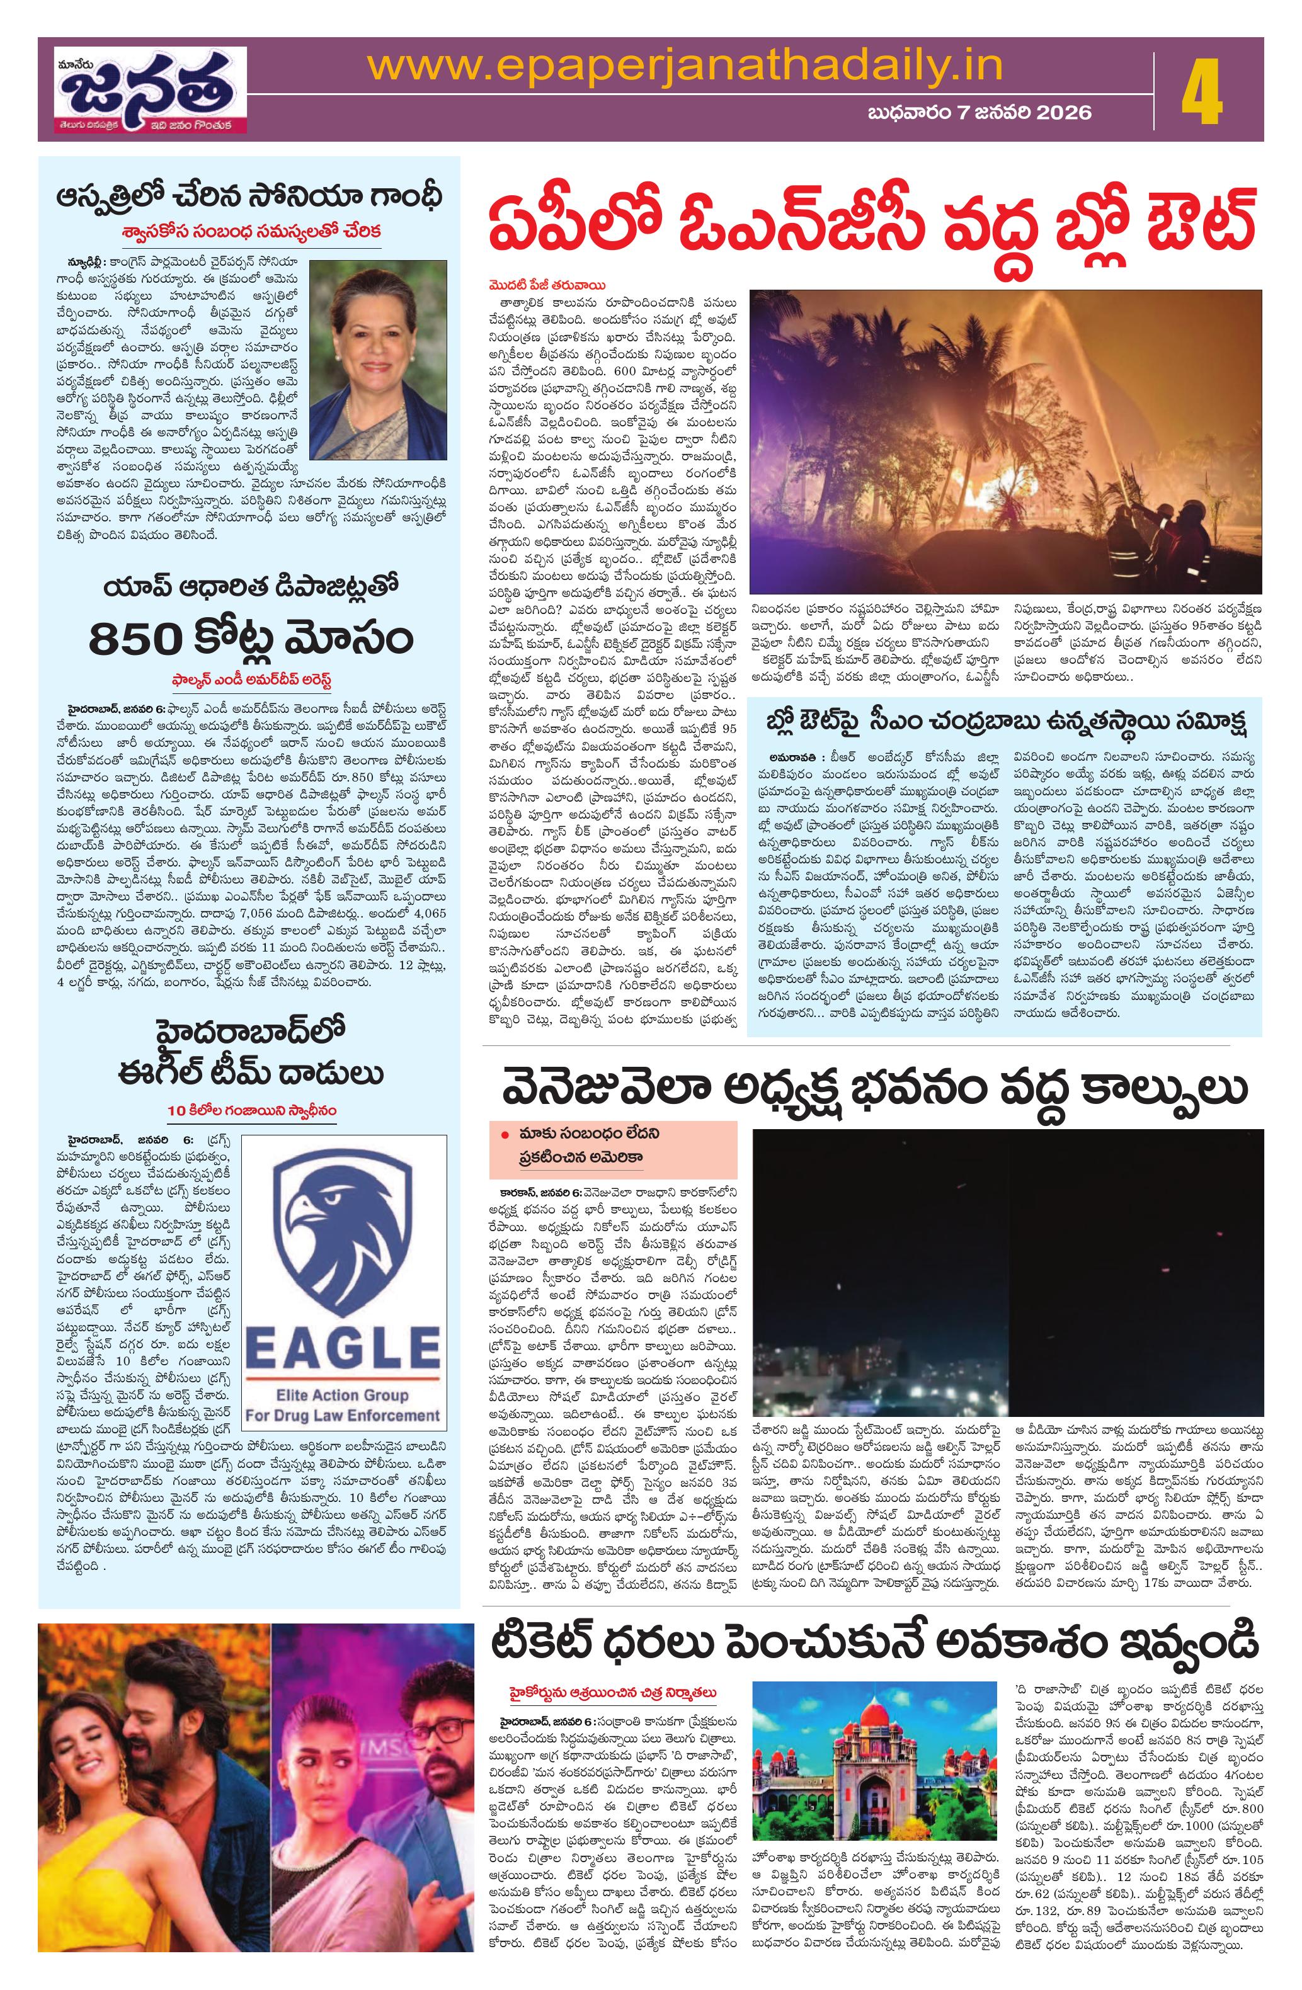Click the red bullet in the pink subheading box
pos(505,1135)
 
